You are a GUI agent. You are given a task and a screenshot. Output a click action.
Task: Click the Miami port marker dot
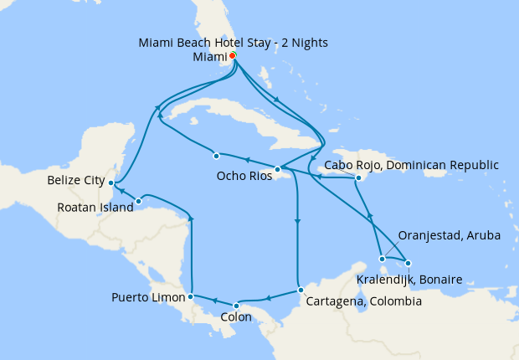232,56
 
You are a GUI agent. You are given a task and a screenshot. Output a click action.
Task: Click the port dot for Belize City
111,183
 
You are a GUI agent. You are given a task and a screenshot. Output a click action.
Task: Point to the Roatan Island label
96,208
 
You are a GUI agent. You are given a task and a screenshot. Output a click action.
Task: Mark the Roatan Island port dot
138,201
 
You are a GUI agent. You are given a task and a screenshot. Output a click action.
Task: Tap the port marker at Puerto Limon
192,296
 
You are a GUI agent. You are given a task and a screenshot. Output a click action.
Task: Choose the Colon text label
235,318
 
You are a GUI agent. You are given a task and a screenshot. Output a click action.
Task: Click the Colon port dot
236,305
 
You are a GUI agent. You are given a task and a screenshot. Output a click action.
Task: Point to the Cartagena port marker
301,291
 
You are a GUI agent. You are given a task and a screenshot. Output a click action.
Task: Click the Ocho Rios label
244,176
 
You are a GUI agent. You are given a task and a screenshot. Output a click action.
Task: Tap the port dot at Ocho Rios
276,168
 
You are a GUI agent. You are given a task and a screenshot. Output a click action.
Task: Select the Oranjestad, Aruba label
449,236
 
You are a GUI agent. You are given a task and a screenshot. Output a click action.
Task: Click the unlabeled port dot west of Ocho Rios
216,155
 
